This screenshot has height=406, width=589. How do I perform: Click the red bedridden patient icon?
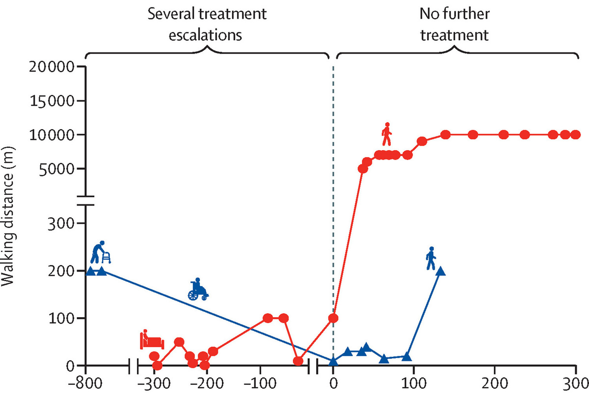152,339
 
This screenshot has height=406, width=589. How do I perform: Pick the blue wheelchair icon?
198,289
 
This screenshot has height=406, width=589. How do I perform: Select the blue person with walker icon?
101,253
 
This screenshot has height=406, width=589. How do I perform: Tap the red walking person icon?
387,135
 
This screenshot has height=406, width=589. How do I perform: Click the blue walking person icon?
430,259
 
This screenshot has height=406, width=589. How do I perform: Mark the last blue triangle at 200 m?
440,271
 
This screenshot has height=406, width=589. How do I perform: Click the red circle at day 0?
333,318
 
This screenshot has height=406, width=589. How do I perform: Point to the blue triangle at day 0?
333,362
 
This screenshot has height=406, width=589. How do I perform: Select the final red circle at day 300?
575,135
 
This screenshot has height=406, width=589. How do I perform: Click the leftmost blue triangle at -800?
90,271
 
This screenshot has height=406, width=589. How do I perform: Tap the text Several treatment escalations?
208,24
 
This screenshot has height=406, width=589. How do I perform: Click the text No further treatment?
454,24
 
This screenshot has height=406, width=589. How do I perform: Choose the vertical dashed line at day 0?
333,196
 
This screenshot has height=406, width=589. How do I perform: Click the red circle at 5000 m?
362,169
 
